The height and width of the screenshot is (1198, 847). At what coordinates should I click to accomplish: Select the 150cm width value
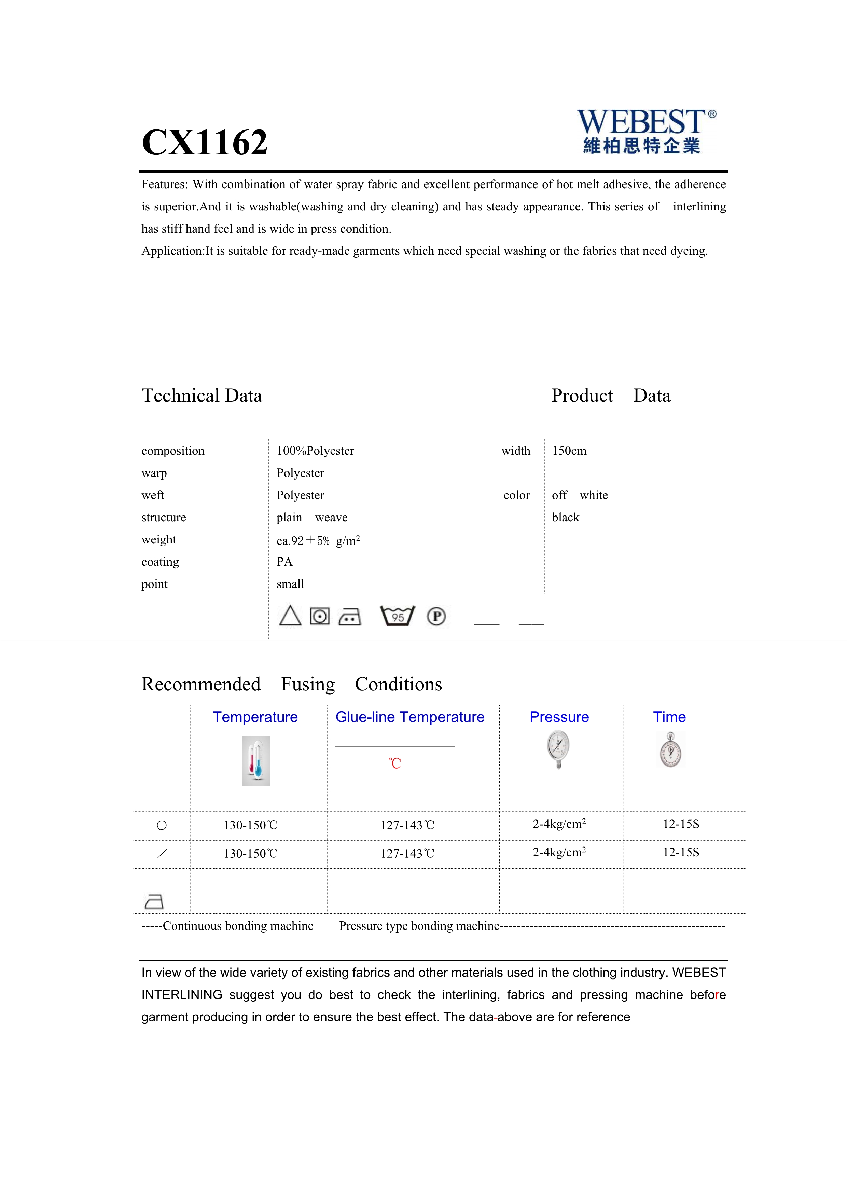(x=569, y=451)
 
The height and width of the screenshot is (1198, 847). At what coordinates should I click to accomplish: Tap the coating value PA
(x=285, y=562)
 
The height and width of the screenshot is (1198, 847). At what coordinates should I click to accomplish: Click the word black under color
(x=565, y=518)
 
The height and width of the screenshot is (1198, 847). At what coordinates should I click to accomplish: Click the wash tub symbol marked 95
(x=398, y=616)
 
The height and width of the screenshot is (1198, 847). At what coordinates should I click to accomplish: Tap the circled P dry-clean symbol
(x=436, y=616)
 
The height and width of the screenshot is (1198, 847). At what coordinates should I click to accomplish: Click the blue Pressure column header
(x=559, y=717)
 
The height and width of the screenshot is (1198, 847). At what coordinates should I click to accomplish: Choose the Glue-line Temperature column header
(x=410, y=717)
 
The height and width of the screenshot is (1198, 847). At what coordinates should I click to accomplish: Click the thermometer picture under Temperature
(x=256, y=761)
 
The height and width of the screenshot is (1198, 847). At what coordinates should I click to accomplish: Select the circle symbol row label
(x=162, y=825)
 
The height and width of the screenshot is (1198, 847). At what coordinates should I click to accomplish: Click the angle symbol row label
(x=162, y=854)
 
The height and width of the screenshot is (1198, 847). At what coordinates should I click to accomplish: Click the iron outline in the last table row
(x=154, y=901)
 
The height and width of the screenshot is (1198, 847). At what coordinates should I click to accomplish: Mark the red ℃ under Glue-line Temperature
(x=395, y=763)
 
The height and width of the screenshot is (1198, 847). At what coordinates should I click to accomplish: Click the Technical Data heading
(x=202, y=396)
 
